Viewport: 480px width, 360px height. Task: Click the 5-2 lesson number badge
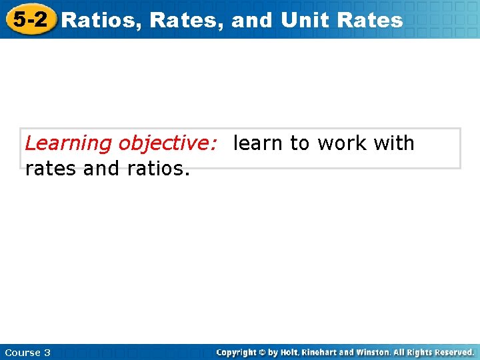click(x=30, y=19)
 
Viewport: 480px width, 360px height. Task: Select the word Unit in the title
click(x=306, y=20)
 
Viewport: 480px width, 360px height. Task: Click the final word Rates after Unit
click(x=370, y=20)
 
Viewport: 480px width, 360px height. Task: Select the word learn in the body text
click(x=259, y=143)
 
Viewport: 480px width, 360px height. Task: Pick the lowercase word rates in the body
click(x=51, y=169)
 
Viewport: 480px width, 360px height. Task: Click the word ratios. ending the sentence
click(x=158, y=169)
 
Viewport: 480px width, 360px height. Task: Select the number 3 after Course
click(x=47, y=353)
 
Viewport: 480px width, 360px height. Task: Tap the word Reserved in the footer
click(x=454, y=352)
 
